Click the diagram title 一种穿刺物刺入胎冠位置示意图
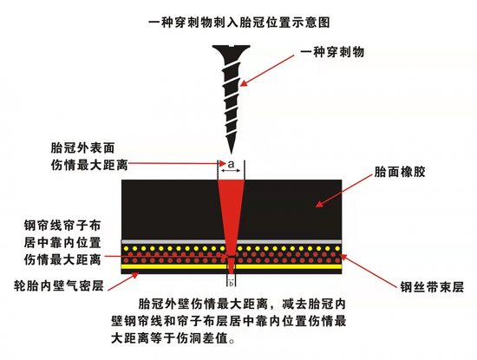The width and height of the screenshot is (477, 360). coord(239,23)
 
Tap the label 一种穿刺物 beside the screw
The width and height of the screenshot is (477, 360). coord(332,52)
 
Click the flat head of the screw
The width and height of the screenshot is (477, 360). coord(232,49)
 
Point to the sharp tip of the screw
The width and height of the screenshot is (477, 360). coord(232,153)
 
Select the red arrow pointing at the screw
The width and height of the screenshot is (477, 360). coord(267,70)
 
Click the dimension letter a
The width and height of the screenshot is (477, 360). coord(232,164)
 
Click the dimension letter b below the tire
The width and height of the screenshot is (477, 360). coord(232,284)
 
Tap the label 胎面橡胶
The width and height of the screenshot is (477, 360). coord(400,172)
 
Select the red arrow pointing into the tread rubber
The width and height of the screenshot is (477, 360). coord(343,191)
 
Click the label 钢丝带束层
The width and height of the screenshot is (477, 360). coord(432,286)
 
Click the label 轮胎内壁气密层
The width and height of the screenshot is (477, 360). coord(59,285)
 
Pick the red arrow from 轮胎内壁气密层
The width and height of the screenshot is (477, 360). coord(123,281)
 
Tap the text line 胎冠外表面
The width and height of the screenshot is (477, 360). coord(82,148)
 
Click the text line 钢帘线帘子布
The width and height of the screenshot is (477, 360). coord(62,226)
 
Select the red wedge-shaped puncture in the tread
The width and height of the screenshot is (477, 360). coord(232,213)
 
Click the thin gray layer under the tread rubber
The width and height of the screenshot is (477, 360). coord(232,242)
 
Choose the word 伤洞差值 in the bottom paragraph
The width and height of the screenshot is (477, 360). coord(202,338)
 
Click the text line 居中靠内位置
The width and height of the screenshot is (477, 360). coord(62,243)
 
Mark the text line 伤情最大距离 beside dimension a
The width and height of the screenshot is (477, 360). coord(89,165)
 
